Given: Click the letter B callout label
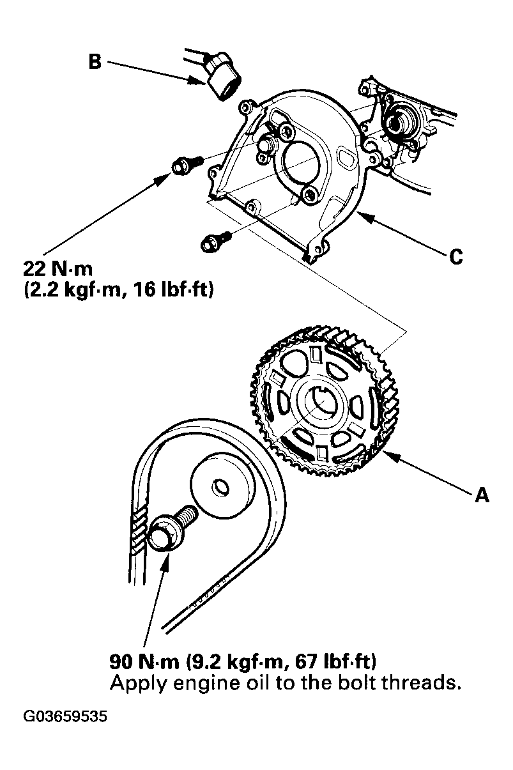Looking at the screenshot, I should tap(94, 63).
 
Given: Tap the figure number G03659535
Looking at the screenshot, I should tap(66, 716).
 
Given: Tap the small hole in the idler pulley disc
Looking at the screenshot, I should tap(221, 488).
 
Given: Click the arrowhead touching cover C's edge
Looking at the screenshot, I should tap(362, 215).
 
